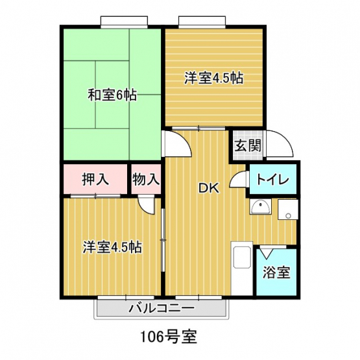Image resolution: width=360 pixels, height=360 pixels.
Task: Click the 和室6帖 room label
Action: click(112, 95)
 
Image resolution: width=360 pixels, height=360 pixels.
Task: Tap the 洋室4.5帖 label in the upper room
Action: click(214, 78)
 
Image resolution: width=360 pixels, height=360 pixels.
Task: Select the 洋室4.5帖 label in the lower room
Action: click(112, 247)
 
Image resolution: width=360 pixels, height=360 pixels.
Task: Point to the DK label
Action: click(209, 188)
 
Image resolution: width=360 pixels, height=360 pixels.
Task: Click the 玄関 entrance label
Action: click(248, 145)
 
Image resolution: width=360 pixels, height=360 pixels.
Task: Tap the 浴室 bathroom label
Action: click(276, 272)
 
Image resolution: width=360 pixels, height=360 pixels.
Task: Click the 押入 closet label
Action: click(95, 179)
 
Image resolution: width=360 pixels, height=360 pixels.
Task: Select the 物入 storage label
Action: click(146, 179)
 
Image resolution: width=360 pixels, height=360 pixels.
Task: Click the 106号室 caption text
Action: click(169, 337)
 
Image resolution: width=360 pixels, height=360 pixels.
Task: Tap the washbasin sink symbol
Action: click(260, 207)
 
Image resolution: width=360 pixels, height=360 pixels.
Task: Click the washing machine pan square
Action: click(288, 210)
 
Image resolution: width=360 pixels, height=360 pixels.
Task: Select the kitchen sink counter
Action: click(242, 269)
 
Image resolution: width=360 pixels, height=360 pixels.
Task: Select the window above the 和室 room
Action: click(124, 22)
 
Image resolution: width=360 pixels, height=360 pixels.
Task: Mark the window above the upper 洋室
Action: click(202, 22)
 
